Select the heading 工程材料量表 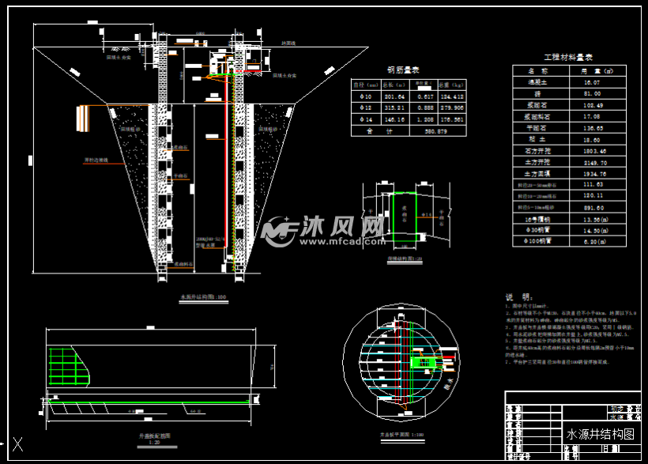(573, 58)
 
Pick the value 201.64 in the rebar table (394, 96)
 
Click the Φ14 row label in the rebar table (364, 119)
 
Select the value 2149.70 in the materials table (593, 161)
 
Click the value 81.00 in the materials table (593, 92)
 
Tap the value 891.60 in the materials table (593, 207)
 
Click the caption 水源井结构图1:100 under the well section (198, 296)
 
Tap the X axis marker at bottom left (17, 444)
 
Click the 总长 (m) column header (394, 83)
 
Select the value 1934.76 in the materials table (593, 173)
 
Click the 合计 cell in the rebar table (364, 131)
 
